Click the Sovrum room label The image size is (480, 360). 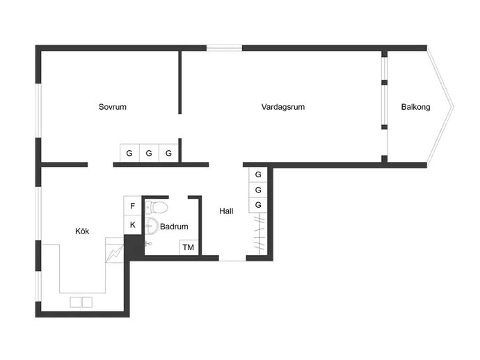[x=112, y=107]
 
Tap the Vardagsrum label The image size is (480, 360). [x=283, y=107]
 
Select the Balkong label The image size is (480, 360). [x=415, y=107]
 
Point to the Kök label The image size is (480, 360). [x=82, y=231]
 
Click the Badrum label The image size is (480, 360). [x=174, y=227]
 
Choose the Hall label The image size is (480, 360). [x=226, y=211]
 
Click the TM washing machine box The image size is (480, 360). [x=189, y=247]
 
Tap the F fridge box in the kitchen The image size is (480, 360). [x=133, y=206]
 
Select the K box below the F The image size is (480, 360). [x=133, y=225]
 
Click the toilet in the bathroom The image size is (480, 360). [x=157, y=208]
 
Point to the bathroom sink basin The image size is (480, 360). [x=151, y=226]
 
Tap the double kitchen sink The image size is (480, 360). [x=81, y=302]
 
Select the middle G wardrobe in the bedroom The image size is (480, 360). [x=149, y=153]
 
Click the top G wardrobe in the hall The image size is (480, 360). [x=258, y=174]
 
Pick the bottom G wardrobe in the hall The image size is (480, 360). [x=258, y=205]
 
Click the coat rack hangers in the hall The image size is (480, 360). [x=259, y=234]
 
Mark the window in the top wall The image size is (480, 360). [x=225, y=48]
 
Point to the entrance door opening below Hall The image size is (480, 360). [x=232, y=260]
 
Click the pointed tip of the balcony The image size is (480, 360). [x=454, y=107]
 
